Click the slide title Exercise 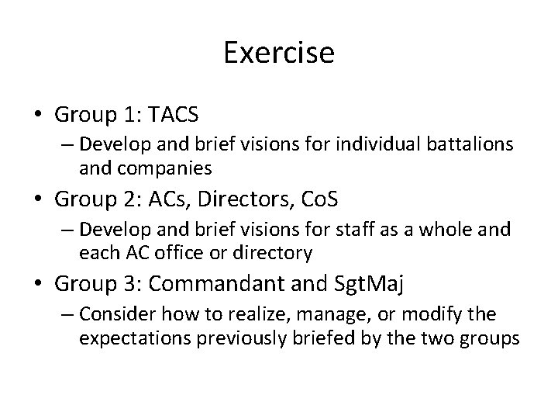pyautogui.click(x=278, y=53)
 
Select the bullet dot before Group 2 pyautogui.click(x=38, y=200)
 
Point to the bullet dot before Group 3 pyautogui.click(x=38, y=285)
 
